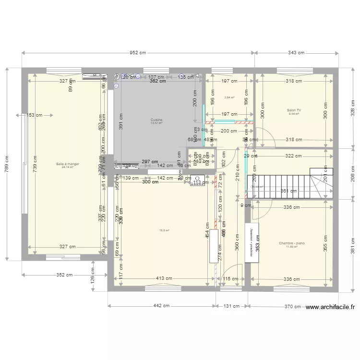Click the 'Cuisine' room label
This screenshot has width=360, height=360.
pyautogui.click(x=156, y=120)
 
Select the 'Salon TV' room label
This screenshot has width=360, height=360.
pyautogui.click(x=294, y=110)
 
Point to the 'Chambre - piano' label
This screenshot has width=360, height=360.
pyautogui.click(x=292, y=243)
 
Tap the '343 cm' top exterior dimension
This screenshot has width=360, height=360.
pyautogui.click(x=296, y=53)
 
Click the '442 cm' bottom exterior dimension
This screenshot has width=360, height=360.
pyautogui.click(x=162, y=305)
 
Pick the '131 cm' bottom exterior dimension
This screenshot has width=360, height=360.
pyautogui.click(x=232, y=305)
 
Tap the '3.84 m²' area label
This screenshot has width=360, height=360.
pyautogui.click(x=229, y=97)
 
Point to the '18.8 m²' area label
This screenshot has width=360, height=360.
pyautogui.click(x=164, y=230)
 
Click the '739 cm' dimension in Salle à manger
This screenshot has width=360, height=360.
pyautogui.click(x=35, y=164)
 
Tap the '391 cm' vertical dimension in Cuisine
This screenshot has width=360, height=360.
pyautogui.click(x=121, y=124)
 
